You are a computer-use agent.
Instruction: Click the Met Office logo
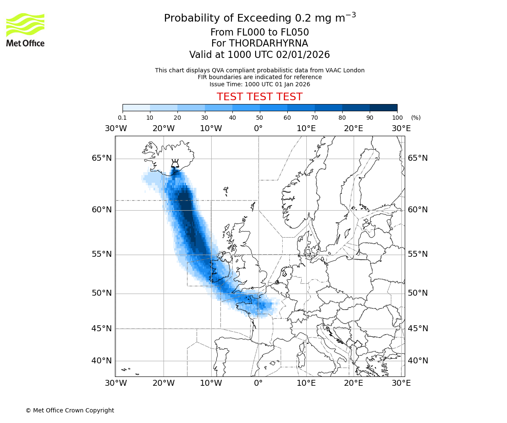pos(25,30)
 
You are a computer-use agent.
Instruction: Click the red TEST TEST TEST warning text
pos(259,97)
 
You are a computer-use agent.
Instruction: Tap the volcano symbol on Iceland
pos(174,164)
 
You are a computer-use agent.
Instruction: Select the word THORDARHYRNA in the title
pos(268,44)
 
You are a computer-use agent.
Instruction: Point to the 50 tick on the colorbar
pos(260,118)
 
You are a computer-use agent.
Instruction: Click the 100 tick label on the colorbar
pos(397,118)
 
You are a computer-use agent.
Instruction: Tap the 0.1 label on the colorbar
pos(123,118)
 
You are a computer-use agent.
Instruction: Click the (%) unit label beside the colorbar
pos(416,118)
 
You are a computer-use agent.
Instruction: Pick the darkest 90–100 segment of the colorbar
pos(383,107)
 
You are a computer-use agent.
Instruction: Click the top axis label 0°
pos(258,128)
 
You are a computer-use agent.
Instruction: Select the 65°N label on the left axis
pos(102,158)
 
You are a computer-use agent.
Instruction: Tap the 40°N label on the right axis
pos(418,361)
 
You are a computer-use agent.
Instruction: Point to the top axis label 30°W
pos(116,128)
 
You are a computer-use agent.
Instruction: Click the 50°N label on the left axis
pos(102,293)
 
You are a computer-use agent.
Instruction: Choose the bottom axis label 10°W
pos(211,383)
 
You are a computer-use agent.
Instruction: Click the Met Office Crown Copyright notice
pos(70,410)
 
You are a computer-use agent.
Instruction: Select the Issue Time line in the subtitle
pos(259,84)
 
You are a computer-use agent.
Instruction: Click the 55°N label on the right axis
pos(418,254)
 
